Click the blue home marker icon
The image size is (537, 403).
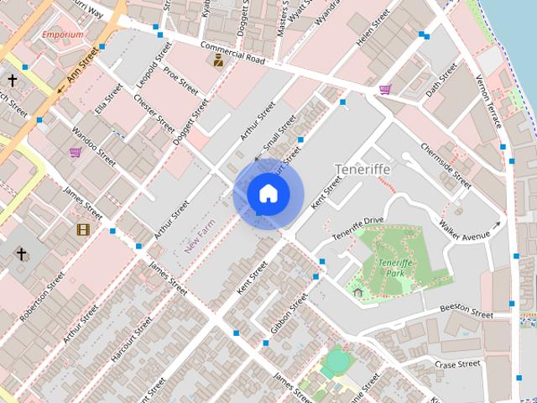coord(268,194)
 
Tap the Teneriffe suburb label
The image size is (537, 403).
coord(362,170)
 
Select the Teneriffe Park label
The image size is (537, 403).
coord(392,269)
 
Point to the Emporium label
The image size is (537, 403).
coord(63,34)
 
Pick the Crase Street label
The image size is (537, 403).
coord(458,364)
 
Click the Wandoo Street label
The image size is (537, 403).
coord(93,142)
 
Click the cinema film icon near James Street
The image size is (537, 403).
coord(83,229)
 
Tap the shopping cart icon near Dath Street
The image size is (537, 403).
coord(385,89)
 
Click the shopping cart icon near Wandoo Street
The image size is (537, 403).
coord(76,152)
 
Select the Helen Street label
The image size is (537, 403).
coord(373,28)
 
